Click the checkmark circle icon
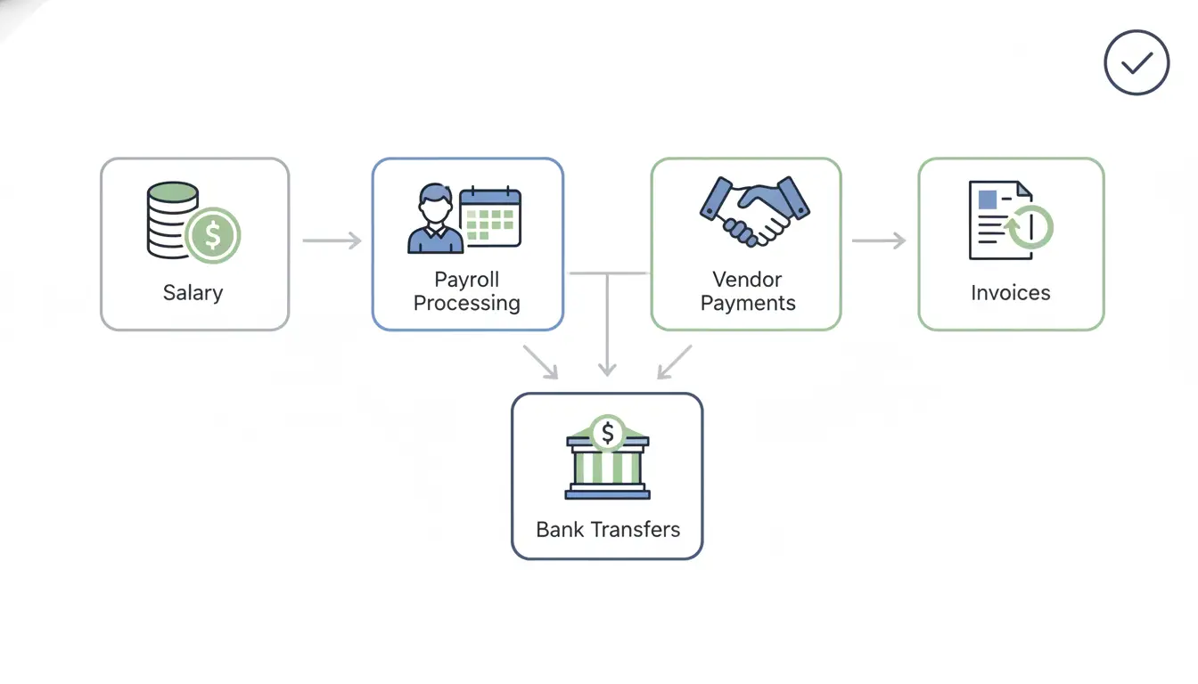pyautogui.click(x=1136, y=62)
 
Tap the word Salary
pyautogui.click(x=193, y=293)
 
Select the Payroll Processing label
pyautogui.click(x=467, y=291)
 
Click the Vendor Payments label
pyautogui.click(x=748, y=291)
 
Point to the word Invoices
pyautogui.click(x=1011, y=293)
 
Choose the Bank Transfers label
pyautogui.click(x=608, y=530)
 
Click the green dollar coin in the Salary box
pyautogui.click(x=213, y=235)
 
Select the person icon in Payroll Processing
pyautogui.click(x=434, y=219)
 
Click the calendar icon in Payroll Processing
pyautogui.click(x=490, y=216)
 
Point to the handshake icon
pyautogui.click(x=755, y=210)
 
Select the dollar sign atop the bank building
pyautogui.click(x=608, y=434)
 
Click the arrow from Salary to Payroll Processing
pyautogui.click(x=332, y=240)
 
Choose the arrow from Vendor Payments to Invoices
pyautogui.click(x=879, y=240)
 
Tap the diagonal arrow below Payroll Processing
pyautogui.click(x=540, y=362)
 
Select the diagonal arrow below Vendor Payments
pyautogui.click(x=675, y=362)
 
